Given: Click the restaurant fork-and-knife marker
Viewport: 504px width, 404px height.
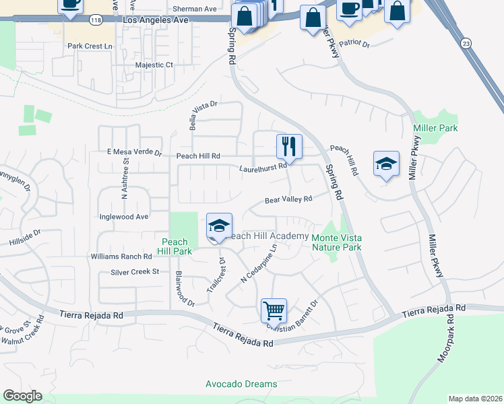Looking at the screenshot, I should [289, 145].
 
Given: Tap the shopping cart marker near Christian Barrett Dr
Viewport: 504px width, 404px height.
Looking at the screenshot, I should [274, 310].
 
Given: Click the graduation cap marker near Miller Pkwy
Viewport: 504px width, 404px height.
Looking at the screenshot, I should [386, 163].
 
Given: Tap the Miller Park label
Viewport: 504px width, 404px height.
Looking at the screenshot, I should [435, 128].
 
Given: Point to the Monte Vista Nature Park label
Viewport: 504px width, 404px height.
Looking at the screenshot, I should [336, 242].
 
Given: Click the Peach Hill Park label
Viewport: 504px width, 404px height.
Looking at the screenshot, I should [174, 246].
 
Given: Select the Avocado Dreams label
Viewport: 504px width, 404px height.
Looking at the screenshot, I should [241, 384].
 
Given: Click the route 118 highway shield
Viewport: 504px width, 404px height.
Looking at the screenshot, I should [96, 20].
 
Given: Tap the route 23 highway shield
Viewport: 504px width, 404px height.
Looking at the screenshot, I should [466, 42].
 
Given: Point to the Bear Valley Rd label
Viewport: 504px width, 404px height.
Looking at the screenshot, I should [288, 200].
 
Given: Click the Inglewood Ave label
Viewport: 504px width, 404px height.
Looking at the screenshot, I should [123, 217].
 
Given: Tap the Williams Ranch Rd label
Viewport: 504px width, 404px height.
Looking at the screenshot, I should [121, 257].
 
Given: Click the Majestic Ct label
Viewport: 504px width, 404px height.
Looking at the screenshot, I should [154, 65].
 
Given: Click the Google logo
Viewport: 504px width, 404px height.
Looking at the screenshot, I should [22, 396].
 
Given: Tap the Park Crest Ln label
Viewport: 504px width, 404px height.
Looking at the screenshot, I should [90, 46].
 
